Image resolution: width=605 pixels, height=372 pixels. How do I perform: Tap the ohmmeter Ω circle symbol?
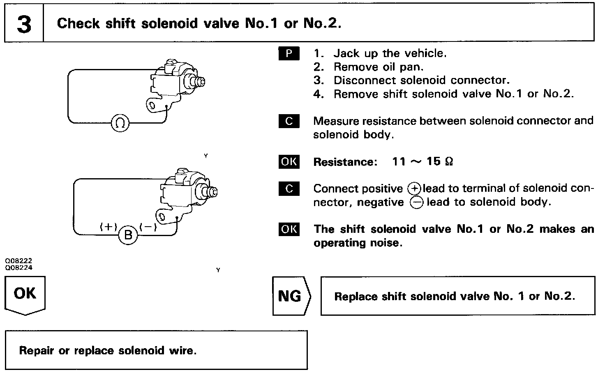click(120, 123)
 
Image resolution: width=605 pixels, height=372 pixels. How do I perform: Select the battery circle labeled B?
click(128, 236)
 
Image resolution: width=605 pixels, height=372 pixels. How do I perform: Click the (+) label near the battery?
click(109, 227)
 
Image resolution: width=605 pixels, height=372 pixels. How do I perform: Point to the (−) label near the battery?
click(148, 227)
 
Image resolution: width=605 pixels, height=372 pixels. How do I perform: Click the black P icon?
click(289, 54)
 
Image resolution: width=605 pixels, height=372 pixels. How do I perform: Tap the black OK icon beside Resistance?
click(289, 162)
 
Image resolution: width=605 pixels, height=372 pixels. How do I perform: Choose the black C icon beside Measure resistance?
click(289, 122)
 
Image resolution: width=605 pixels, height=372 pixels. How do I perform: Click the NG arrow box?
click(291, 296)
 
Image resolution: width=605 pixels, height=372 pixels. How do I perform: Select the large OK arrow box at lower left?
click(25, 295)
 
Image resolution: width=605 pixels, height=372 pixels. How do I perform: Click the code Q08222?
click(19, 261)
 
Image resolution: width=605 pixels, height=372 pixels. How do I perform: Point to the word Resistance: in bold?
click(345, 162)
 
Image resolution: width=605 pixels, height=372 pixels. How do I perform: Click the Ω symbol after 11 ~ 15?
click(449, 161)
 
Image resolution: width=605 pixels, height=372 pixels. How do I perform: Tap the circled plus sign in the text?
click(414, 189)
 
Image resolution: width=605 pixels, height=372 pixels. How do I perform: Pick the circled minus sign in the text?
click(416, 203)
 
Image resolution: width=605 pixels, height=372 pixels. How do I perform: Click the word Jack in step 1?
click(346, 53)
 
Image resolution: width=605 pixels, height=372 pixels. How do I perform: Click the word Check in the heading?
click(79, 23)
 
